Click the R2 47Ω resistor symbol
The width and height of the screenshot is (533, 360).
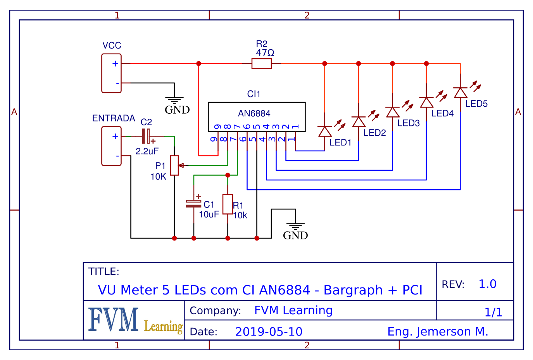click(262, 63)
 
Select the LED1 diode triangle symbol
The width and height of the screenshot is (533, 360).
click(325, 132)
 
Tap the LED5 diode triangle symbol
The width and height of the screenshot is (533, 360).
click(460, 93)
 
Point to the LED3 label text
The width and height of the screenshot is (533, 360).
click(409, 123)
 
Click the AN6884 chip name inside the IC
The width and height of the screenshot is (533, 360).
click(254, 113)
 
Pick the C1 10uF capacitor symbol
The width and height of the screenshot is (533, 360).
click(194, 204)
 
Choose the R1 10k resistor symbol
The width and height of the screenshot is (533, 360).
click(228, 204)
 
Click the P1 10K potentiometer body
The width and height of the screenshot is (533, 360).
click(175, 165)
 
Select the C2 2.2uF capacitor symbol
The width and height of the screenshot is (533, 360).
click(146, 136)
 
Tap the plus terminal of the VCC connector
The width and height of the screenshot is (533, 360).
click(115, 64)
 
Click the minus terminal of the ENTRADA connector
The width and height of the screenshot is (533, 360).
click(117, 156)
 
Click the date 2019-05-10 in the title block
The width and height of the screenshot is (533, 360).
click(269, 332)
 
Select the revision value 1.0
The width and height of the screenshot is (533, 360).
click(487, 284)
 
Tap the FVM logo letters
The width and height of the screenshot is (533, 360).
click(114, 319)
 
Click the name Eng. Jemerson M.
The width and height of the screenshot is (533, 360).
click(438, 332)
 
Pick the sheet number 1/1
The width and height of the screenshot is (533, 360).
click(493, 312)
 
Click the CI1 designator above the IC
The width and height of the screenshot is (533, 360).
click(254, 94)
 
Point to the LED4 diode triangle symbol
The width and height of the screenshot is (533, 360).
click(426, 102)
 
